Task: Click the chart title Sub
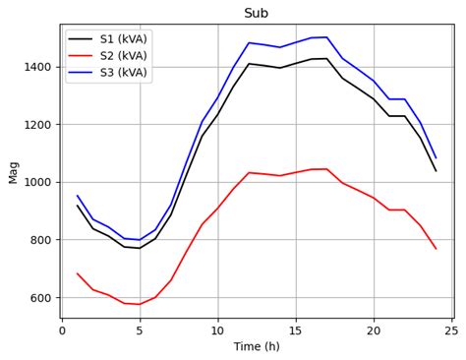(256, 13)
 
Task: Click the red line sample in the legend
(82, 56)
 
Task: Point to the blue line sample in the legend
(82, 73)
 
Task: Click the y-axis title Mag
(13, 171)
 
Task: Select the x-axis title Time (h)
(256, 346)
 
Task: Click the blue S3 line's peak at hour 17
(326, 37)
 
